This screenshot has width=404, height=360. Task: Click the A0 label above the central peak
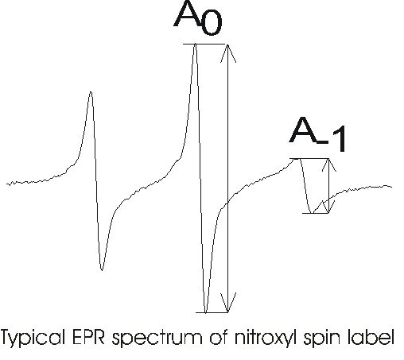(198, 17)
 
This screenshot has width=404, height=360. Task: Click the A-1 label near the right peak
(317, 134)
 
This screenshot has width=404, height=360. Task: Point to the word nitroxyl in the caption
(266, 338)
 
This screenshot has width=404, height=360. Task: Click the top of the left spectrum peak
(91, 92)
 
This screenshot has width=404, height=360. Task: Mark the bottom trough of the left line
(102, 269)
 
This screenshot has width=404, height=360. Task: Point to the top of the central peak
(195, 45)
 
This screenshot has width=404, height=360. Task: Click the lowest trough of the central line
(205, 312)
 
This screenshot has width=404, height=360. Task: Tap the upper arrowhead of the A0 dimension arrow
(228, 53)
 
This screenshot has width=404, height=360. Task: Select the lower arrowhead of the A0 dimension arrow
(228, 303)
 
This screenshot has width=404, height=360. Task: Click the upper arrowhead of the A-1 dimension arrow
(329, 165)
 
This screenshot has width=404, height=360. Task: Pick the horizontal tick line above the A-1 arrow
(309, 159)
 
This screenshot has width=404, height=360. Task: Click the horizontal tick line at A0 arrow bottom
(212, 312)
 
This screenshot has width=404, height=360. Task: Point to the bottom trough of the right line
(312, 212)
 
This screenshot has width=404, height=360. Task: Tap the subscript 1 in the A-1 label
(340, 139)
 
